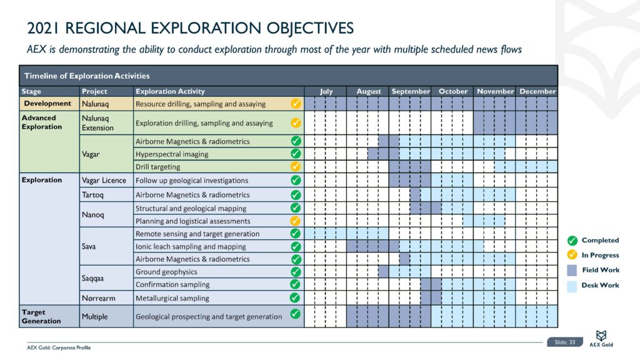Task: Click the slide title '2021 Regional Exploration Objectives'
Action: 191,28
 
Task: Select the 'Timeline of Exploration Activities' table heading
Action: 87,76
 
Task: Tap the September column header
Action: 411,91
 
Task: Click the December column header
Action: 537,91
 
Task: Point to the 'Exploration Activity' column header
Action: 170,91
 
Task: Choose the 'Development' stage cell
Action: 47,103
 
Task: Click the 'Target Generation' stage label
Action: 41,316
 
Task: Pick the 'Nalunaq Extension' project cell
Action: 97,122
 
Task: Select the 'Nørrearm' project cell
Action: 98,298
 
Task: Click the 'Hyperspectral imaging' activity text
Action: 172,154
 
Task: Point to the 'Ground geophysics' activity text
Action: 166,272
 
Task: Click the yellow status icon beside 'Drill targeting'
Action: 296,167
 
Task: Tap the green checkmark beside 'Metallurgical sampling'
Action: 296,298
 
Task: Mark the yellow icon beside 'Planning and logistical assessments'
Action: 296,221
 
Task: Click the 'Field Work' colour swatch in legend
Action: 572,270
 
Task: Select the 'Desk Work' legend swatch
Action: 572,285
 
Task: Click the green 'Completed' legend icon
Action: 572,240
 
